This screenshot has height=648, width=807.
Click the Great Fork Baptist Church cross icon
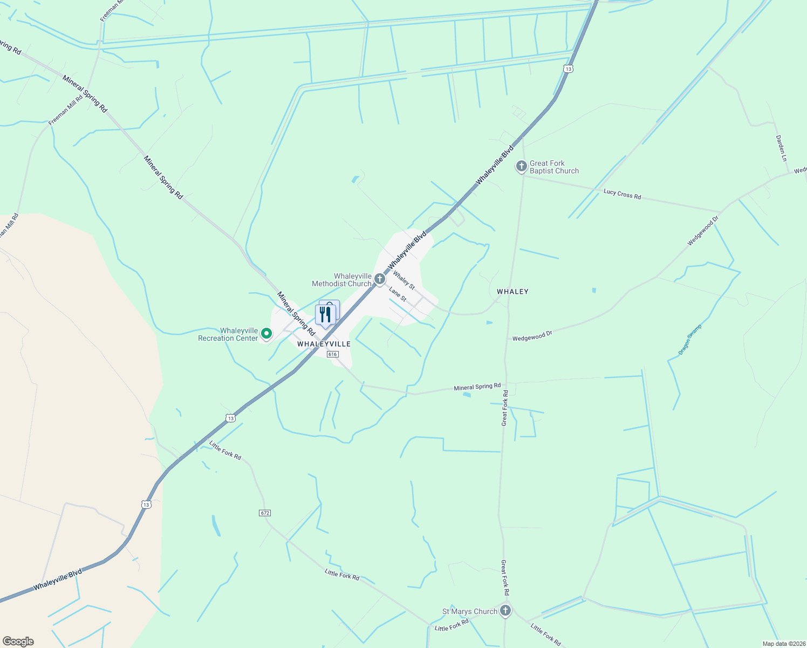521,166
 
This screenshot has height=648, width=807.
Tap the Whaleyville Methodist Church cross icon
380,279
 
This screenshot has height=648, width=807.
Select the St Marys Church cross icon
505,611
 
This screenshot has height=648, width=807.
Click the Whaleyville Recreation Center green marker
265,334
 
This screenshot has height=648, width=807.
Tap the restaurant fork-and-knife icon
325,314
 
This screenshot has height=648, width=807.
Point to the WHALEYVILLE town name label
324,344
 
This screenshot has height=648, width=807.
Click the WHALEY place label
512,292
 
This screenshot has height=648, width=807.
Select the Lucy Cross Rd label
622,194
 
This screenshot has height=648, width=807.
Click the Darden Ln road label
781,148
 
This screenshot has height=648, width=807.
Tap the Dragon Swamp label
690,340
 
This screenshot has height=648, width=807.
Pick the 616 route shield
332,354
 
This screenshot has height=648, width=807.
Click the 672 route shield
264,512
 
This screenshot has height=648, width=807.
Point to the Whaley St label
403,280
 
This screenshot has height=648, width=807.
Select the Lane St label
398,294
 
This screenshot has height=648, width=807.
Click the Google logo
18,642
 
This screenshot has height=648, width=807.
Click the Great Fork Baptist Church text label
554,167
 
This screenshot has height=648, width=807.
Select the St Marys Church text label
469,611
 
